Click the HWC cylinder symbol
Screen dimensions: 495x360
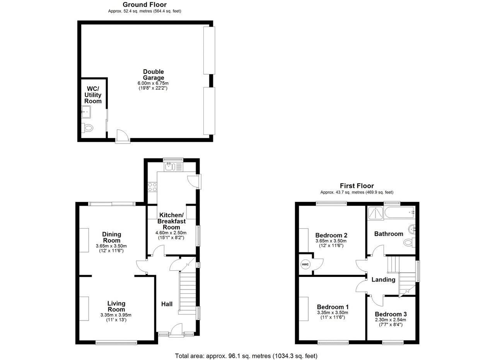pos(305,264)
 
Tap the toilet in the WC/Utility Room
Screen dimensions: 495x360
pos(87,128)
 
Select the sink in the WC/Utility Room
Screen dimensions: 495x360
pos(86,112)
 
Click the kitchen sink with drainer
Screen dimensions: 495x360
pos(173,167)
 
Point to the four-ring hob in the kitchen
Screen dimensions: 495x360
pos(152,187)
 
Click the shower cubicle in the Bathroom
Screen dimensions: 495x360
pos(376,213)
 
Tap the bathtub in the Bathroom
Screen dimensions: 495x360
pos(399,213)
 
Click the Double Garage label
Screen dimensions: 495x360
pos(154,75)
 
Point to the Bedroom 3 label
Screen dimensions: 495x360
pos(391,314)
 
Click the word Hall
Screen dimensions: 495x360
pos(167,304)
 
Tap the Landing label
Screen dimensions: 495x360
pos(383,280)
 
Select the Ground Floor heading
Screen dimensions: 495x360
pos(145,5)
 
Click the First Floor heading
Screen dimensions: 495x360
pos(357,186)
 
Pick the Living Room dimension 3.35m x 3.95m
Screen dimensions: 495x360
pos(116,315)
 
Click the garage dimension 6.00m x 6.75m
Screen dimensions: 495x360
pos(153,83)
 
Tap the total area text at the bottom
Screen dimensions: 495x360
pos(246,356)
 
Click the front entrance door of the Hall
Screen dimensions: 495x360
pos(177,330)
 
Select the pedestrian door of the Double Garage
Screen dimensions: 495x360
pos(123,136)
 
